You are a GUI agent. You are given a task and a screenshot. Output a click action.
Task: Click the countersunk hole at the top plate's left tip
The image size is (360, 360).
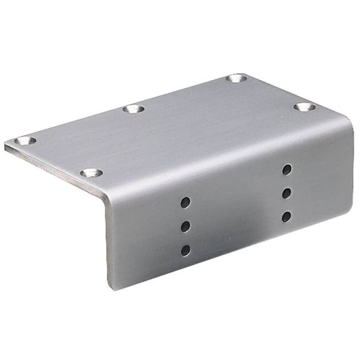click(25, 141)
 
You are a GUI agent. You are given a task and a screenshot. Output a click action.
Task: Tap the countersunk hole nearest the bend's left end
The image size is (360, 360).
click(91, 173)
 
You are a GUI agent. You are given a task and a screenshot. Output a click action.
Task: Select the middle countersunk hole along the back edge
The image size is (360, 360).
click(134, 109)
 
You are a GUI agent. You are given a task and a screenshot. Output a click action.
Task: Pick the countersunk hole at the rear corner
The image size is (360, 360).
click(236, 78)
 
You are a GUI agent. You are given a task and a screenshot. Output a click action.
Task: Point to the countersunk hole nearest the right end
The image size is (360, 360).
click(305, 107)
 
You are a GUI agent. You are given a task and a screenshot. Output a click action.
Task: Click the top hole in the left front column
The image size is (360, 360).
click(185, 202)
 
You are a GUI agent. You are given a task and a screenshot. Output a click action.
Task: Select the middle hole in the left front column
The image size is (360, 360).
click(185, 226)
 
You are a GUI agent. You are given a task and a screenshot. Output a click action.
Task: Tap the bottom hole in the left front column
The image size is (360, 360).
click(185, 250)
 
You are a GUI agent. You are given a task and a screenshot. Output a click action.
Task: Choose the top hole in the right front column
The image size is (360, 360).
click(287, 170)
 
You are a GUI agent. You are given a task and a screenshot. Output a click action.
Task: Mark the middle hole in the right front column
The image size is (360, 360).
click(287, 193)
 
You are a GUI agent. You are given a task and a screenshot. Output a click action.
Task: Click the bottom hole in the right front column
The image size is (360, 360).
click(286, 217)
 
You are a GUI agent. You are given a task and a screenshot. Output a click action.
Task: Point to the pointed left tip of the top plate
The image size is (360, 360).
click(6, 146)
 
